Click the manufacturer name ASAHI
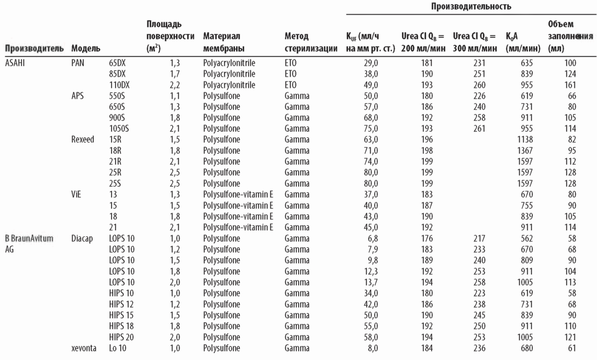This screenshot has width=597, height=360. click(x=15, y=63)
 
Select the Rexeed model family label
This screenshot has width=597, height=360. click(x=82, y=140)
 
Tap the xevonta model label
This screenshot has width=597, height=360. click(x=84, y=348)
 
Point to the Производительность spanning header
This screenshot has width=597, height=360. click(x=471, y=6)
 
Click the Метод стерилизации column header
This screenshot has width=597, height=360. click(x=310, y=42)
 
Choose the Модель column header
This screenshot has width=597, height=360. click(x=86, y=49)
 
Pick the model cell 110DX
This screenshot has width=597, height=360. click(x=119, y=85)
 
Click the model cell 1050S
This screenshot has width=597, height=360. click(x=119, y=129)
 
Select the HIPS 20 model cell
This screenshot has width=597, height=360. click(x=121, y=337)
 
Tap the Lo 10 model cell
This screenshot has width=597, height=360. click(x=117, y=348)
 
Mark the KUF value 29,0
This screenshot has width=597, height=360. click(x=371, y=63)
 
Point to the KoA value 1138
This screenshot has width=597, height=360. click(x=525, y=140)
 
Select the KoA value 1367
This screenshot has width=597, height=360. click(x=525, y=151)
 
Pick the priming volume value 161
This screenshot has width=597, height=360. click(x=570, y=85)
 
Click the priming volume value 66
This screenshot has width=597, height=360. click(x=572, y=96)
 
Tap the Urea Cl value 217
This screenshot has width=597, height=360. click(x=479, y=239)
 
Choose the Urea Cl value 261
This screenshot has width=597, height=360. click(x=479, y=129)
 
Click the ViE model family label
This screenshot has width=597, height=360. click(x=76, y=194)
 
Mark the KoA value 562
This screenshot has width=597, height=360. click(x=527, y=239)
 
